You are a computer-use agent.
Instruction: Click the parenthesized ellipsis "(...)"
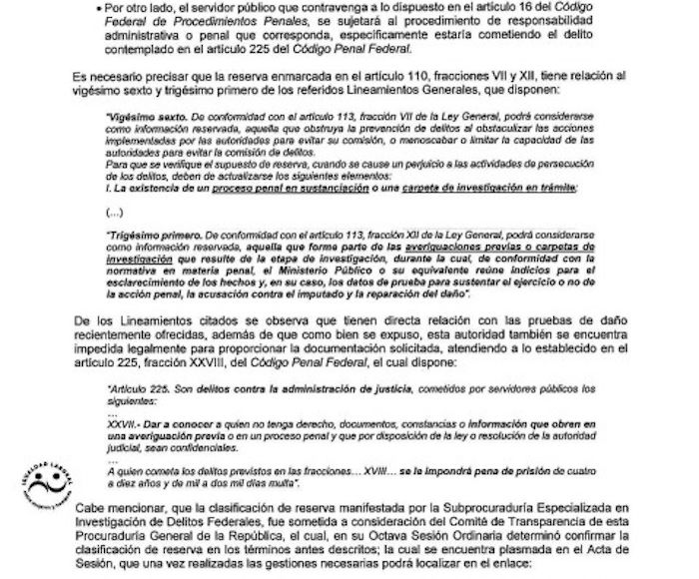(116, 212)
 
